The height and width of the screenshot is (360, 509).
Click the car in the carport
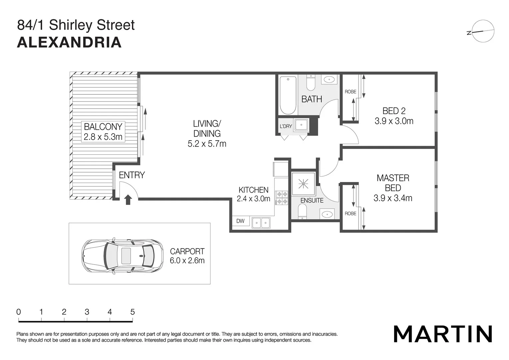pyautogui.click(x=122, y=256)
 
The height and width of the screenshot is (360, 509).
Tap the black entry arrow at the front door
pyautogui.click(x=128, y=200)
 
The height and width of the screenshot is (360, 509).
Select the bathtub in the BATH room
pyautogui.click(x=288, y=95)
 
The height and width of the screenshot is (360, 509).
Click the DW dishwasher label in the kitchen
pyautogui.click(x=241, y=221)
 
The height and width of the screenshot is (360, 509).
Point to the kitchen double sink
pyautogui.click(x=261, y=223)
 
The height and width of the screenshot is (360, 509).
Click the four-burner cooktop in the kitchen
pyautogui.click(x=281, y=198)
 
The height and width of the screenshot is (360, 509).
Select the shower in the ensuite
pyautogui.click(x=303, y=184)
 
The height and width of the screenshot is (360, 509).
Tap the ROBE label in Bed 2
pyautogui.click(x=350, y=92)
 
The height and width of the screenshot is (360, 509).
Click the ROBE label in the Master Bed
pyautogui.click(x=350, y=214)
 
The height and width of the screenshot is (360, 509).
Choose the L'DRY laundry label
pyautogui.click(x=285, y=126)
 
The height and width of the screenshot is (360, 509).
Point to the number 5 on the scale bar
pyautogui.click(x=133, y=312)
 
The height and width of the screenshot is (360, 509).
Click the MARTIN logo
pyautogui.click(x=443, y=334)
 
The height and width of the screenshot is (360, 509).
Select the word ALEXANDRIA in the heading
pyautogui.click(x=69, y=43)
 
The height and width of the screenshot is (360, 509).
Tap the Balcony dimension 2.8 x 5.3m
pyautogui.click(x=103, y=137)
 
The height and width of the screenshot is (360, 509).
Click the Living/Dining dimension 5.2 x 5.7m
pyautogui.click(x=207, y=144)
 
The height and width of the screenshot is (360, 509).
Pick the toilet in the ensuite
pyautogui.click(x=302, y=211)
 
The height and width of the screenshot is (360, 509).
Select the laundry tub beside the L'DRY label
pyautogui.click(x=301, y=125)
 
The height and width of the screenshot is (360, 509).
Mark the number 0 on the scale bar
pyautogui.click(x=19, y=312)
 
